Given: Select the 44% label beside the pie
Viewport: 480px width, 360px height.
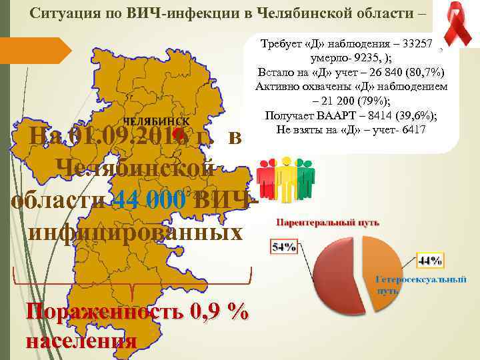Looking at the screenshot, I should point(429,259).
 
